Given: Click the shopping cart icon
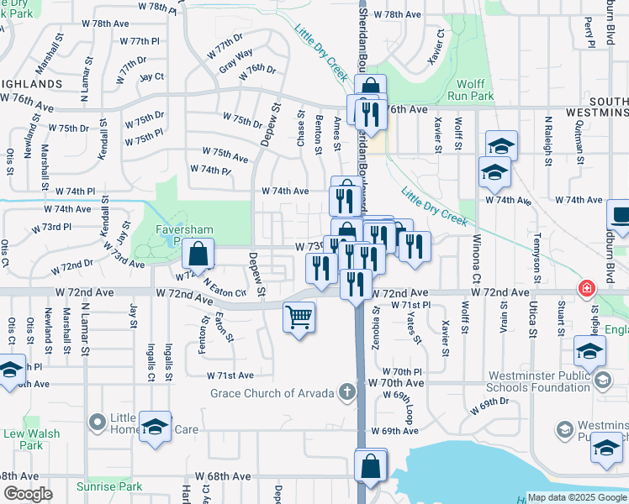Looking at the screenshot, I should pos(299,318).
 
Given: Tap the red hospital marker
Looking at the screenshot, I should pos(586,290).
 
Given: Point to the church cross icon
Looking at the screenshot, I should pos(346,391).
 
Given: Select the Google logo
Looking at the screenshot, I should pos(28,494).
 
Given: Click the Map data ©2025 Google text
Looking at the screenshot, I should pos(576,497).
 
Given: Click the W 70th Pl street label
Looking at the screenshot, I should pos(401,370).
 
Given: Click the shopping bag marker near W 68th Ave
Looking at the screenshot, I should pos(371,466).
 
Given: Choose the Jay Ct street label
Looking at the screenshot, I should pos(151,76).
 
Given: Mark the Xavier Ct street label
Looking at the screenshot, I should pos(440,42).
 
